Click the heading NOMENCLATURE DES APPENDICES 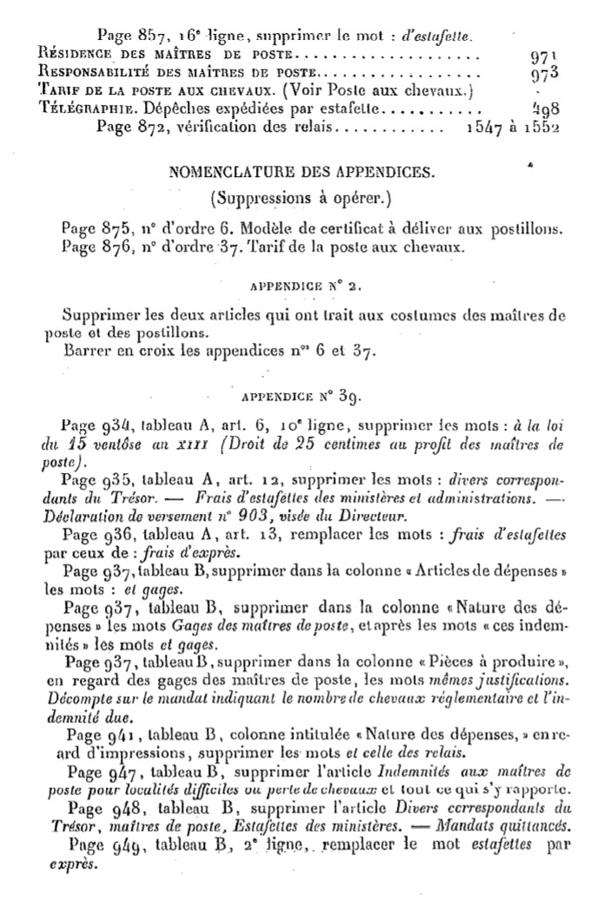click(x=300, y=172)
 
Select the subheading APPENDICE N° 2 click(x=300, y=285)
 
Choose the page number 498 click(x=544, y=109)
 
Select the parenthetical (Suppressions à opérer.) click(x=300, y=197)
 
